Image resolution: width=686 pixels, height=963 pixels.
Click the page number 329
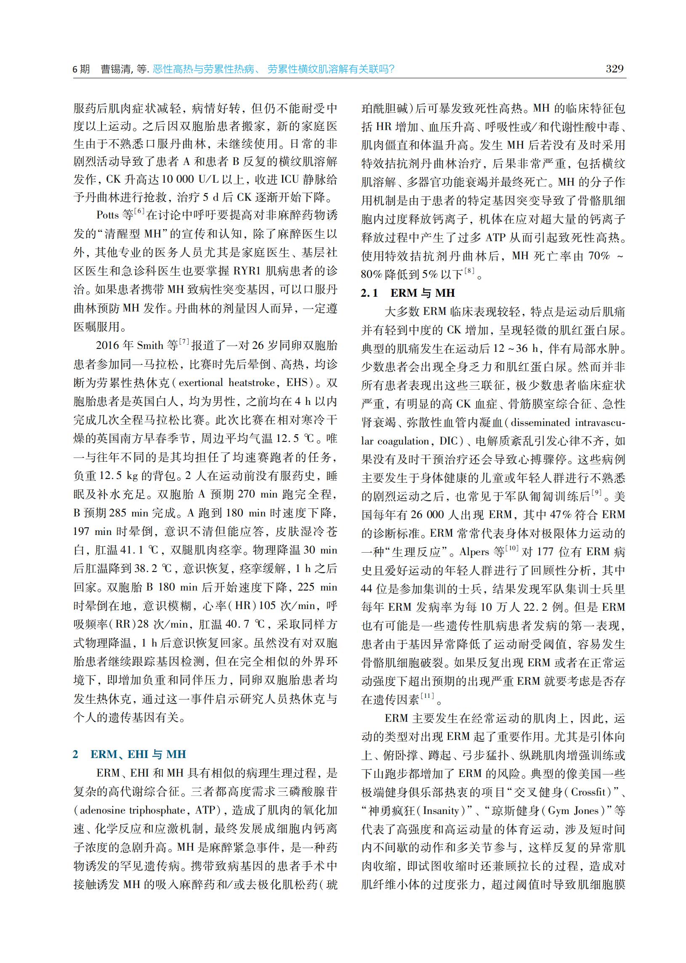614,69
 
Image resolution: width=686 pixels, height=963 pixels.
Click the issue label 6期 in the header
81,69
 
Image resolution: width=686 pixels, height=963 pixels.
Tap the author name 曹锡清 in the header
115,69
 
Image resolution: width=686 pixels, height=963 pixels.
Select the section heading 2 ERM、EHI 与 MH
129,754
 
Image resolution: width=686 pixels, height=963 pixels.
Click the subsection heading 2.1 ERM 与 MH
408,293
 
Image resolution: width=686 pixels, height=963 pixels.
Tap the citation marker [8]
469,271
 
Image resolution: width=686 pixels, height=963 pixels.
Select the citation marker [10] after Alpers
512,548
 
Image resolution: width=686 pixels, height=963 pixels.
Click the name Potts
108,215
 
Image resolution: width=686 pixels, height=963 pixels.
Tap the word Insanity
441,811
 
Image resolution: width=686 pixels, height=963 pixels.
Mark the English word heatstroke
253,383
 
